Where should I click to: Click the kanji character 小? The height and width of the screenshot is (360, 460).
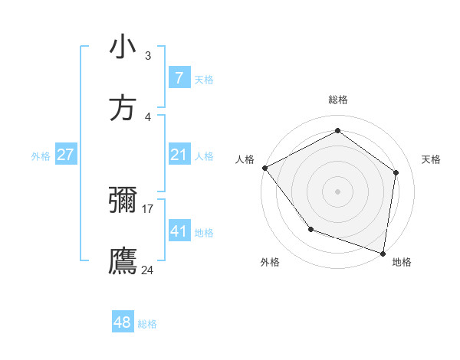(123, 47)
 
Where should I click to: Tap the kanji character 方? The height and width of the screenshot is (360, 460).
(123, 109)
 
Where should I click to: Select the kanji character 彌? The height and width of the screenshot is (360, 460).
(123, 201)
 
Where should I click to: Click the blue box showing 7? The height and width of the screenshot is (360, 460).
(179, 78)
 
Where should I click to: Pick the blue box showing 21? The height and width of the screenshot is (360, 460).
(179, 155)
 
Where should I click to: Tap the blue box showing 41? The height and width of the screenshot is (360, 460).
(179, 231)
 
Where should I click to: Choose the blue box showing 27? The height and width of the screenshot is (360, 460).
(65, 155)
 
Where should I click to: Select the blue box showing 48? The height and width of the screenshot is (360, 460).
(123, 322)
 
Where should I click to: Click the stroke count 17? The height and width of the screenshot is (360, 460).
(148, 208)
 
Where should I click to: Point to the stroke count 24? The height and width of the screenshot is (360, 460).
(148, 270)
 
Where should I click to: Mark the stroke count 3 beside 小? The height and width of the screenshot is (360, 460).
(148, 55)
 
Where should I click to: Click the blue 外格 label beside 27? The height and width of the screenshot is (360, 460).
(41, 155)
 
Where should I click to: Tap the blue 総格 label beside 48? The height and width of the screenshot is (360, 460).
(147, 324)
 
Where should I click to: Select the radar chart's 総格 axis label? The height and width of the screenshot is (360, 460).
(338, 100)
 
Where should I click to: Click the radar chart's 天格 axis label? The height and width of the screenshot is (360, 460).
(432, 159)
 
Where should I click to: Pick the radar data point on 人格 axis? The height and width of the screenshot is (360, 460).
(264, 168)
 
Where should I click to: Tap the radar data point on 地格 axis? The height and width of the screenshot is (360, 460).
(383, 253)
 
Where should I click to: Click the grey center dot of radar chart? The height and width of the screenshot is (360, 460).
(337, 191)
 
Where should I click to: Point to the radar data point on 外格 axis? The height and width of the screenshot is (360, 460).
(310, 228)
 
